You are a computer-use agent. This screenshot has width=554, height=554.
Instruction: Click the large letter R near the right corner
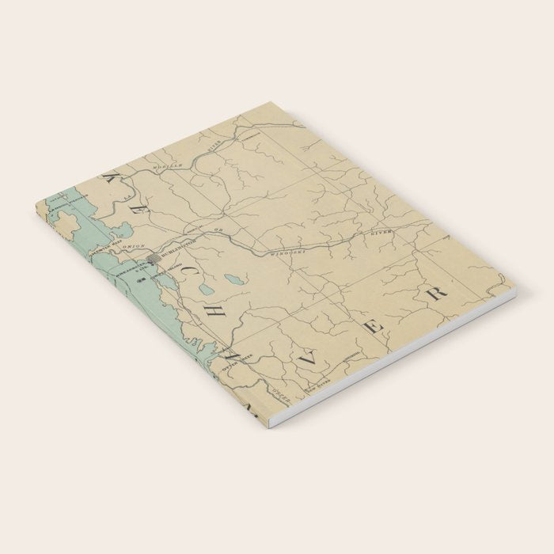[x=437, y=294]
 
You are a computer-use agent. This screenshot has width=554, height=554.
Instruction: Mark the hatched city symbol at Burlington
[x=155, y=257]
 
